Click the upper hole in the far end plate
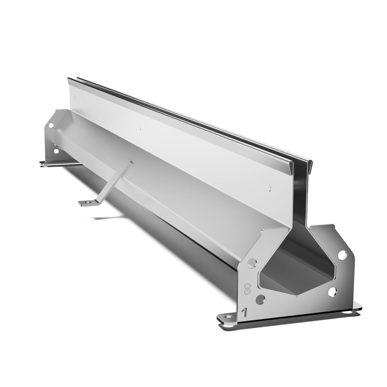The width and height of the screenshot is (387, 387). point(51,127)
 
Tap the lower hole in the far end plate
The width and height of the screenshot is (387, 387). point(56,151)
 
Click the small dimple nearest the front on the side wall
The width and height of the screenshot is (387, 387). point(270,188)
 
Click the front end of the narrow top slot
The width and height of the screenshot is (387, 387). point(301,163)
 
